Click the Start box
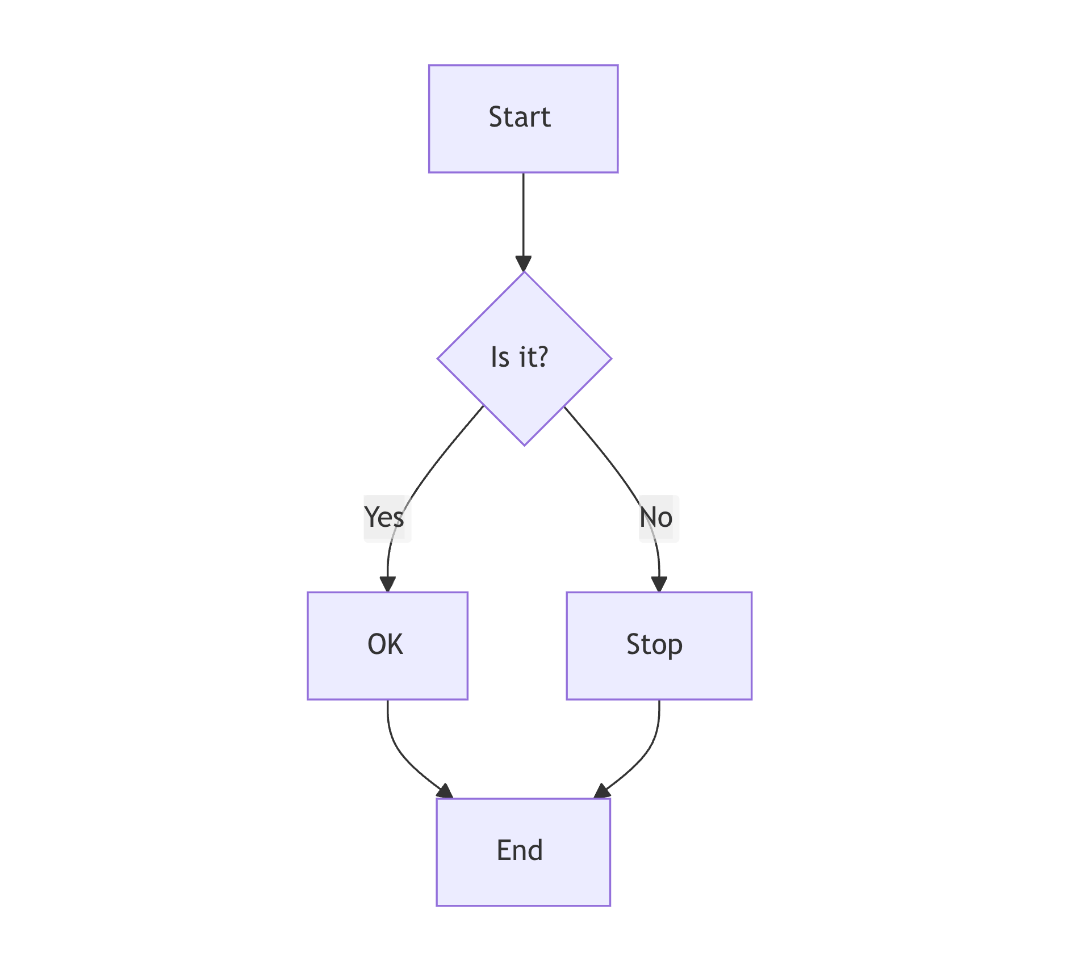point(523,119)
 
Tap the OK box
point(387,645)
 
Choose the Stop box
point(659,645)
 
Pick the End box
point(523,852)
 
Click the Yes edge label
point(385,518)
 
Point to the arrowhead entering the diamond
point(523,265)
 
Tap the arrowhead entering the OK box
point(387,585)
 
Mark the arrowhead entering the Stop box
point(659,585)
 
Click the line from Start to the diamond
point(523,216)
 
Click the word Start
point(519,118)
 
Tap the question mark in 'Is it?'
point(541,357)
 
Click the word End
point(519,850)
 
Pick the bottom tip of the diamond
point(524,444)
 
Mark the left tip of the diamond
point(438,358)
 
